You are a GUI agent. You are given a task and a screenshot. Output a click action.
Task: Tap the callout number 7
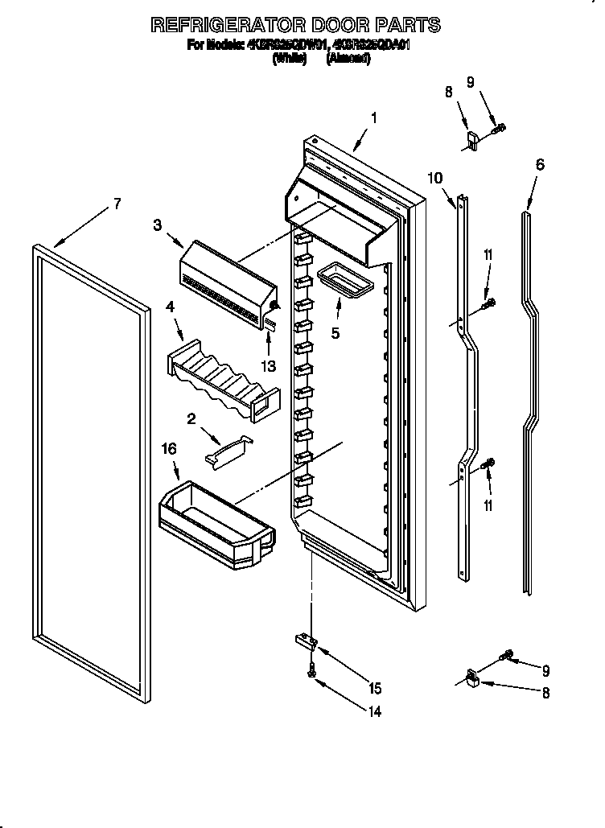tap(117, 204)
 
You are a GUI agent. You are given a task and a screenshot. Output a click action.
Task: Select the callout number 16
tap(170, 449)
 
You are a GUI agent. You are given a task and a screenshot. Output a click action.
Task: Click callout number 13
tap(268, 366)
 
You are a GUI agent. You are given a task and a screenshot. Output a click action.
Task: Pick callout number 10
tap(434, 179)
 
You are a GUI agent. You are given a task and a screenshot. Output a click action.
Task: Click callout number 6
tap(539, 165)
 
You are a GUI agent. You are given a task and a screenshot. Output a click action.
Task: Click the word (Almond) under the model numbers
tap(348, 59)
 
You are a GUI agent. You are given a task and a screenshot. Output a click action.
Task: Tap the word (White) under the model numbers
tap(290, 59)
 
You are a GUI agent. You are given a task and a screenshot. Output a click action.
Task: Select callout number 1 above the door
tap(374, 118)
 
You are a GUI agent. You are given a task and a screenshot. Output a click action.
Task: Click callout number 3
tap(158, 225)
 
